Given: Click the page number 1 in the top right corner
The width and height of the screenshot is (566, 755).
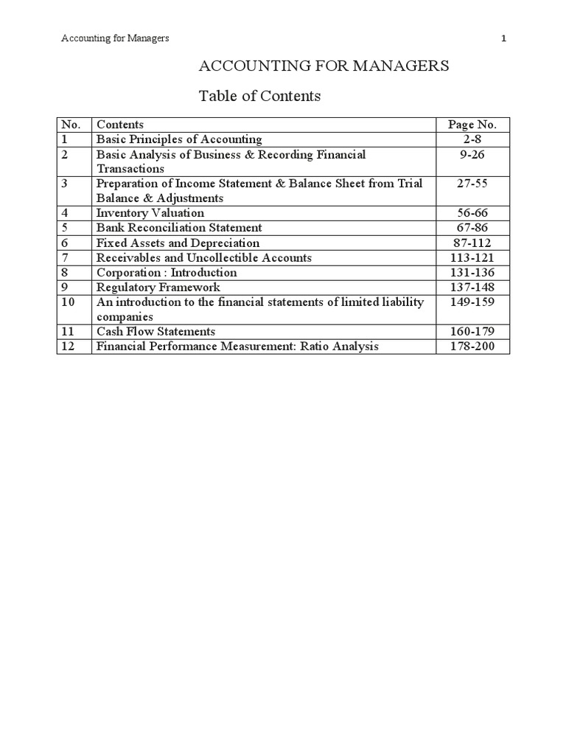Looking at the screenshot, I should coord(503,38).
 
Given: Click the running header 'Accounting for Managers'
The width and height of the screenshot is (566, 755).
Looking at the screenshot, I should coord(115,38).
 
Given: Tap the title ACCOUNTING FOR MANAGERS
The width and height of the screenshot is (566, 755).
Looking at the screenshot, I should coord(324,66).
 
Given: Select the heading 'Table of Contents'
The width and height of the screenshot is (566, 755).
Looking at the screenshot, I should coord(260,96).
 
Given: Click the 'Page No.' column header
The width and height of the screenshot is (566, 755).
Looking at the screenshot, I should coord(472,125).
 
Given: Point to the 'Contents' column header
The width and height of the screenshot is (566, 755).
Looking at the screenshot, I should coord(120,125).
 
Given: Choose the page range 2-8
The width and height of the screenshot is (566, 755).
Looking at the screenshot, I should coord(472,139).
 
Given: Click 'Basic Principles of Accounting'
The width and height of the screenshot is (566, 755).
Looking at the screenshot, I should coord(179,139).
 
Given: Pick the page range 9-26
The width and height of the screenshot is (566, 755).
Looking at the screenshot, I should coord(472,154).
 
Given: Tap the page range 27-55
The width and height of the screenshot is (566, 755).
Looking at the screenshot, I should coord(472,184).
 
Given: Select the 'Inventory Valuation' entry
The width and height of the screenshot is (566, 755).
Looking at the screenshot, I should coord(150,213).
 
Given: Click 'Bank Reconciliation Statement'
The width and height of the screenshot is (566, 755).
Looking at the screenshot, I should coord(179,228).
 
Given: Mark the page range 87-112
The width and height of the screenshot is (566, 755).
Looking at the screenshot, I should coord(472,243).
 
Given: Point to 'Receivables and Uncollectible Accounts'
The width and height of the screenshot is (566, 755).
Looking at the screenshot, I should coord(204,257).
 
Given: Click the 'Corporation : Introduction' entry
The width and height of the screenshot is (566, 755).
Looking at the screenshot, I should coord(167,272).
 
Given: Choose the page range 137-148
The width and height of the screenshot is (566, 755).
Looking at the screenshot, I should coord(472,287).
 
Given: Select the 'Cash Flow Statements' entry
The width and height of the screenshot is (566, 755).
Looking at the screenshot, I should coord(156,331).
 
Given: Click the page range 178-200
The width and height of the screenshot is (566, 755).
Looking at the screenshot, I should coord(472,346).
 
